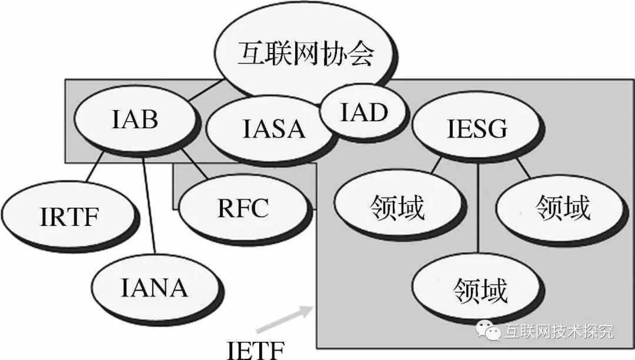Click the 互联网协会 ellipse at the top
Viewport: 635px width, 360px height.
pyautogui.click(x=306, y=56)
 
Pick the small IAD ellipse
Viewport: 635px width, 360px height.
pyautogui.click(x=365, y=112)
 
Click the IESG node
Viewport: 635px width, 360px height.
pyautogui.click(x=476, y=129)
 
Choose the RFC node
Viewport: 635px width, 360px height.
pyautogui.click(x=243, y=208)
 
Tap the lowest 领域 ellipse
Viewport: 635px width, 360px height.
pyautogui.click(x=480, y=289)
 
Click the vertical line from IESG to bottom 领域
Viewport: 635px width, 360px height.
pyautogui.click(x=479, y=206)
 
